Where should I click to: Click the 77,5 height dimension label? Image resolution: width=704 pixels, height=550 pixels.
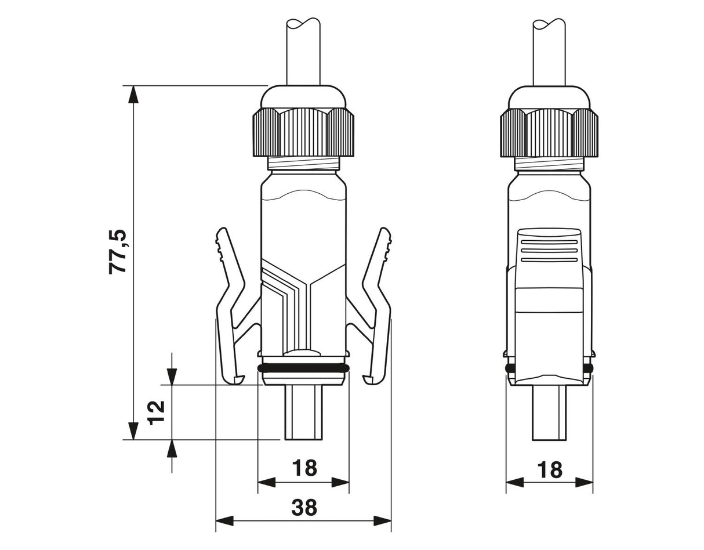tap(117, 252)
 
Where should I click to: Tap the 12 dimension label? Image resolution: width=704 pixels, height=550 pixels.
tap(156, 412)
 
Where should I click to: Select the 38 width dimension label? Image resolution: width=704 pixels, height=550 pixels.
tap(304, 507)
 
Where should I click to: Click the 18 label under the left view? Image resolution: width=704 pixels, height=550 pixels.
tap(304, 468)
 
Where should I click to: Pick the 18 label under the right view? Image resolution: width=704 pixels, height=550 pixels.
tap(550, 469)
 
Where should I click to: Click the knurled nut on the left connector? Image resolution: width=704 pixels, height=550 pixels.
tap(303, 132)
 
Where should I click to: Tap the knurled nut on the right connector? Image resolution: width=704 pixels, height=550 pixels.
tap(549, 133)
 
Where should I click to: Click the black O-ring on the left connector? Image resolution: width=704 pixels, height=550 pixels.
tap(303, 368)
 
